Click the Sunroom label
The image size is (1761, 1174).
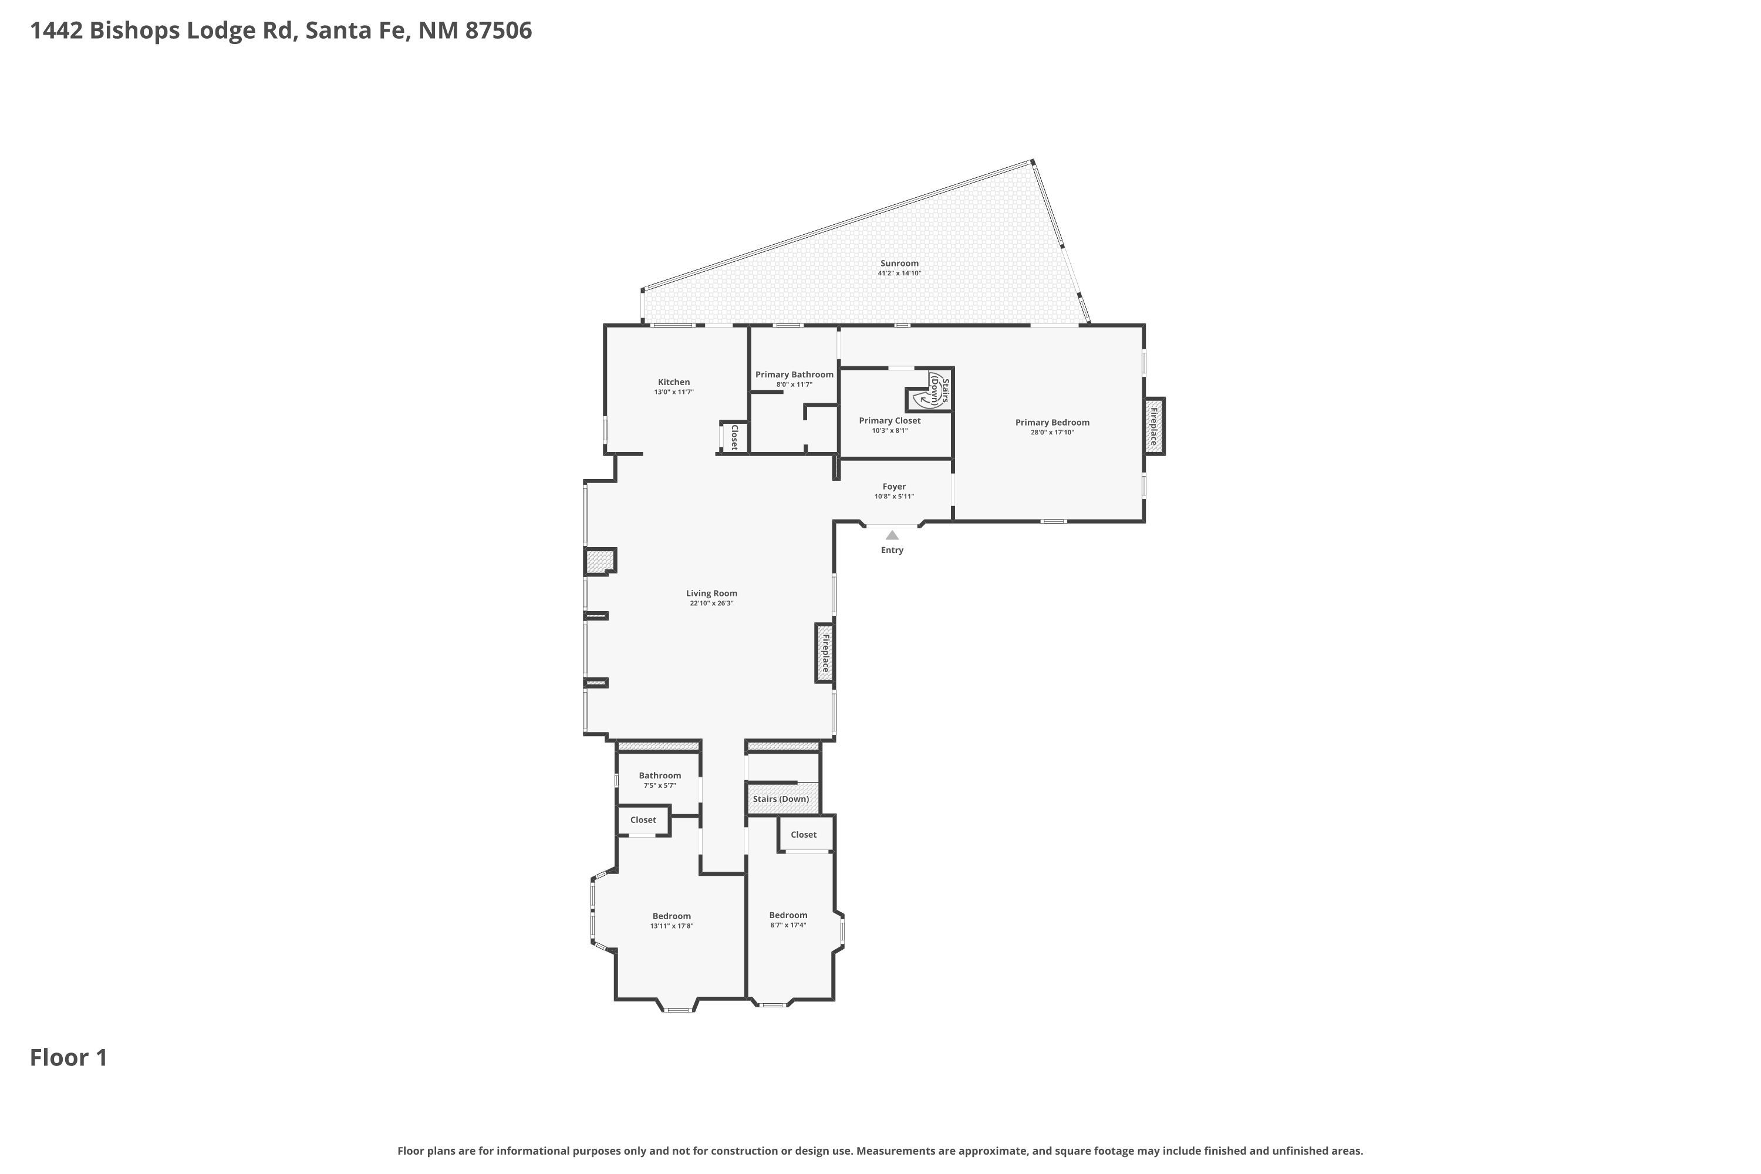pos(899,264)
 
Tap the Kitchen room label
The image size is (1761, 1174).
pos(674,383)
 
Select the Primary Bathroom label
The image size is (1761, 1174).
pos(794,375)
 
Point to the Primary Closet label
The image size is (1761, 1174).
pos(889,421)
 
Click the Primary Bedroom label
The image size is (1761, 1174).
pos(1052,422)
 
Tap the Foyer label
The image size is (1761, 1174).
pos(894,487)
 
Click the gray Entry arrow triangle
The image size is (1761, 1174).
pos(892,535)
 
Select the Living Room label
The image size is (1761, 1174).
pos(711,593)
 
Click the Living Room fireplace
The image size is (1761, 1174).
pos(824,653)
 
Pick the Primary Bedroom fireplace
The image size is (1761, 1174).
pos(1154,425)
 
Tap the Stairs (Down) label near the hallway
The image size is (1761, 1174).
pos(780,799)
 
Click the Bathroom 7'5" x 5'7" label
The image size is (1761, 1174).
pos(660,775)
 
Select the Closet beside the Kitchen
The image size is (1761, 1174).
pos(734,437)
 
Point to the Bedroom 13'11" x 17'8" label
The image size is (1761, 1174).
pos(672,916)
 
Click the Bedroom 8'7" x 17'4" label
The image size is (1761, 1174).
pos(788,915)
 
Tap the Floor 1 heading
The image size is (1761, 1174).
pos(69,1058)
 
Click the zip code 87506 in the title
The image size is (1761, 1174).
pos(498,31)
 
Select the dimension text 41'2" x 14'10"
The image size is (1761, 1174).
pos(899,274)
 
